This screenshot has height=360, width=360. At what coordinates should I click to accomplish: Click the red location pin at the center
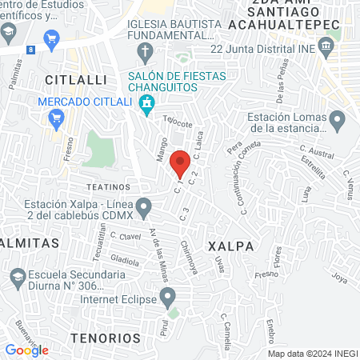pyautogui.click(x=180, y=162)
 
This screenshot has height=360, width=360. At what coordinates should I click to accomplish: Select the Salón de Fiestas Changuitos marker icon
pyautogui.click(x=146, y=102)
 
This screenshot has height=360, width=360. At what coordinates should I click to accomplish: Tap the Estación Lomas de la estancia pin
pyautogui.click(x=337, y=122)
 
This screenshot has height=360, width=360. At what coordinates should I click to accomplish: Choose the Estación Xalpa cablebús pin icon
pyautogui.click(x=144, y=209)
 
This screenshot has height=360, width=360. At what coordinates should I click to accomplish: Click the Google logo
pyautogui.click(x=26, y=350)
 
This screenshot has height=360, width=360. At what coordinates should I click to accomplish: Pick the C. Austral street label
pyautogui.click(x=315, y=150)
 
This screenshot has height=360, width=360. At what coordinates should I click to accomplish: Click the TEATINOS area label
pyautogui.click(x=103, y=185)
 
